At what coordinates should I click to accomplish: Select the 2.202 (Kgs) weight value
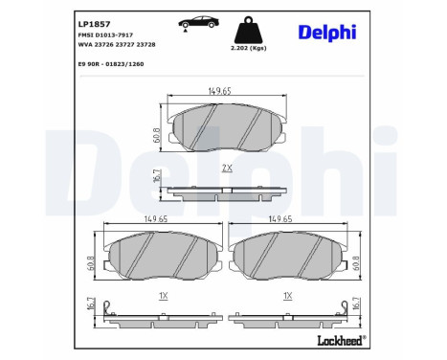tap(247, 46)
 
